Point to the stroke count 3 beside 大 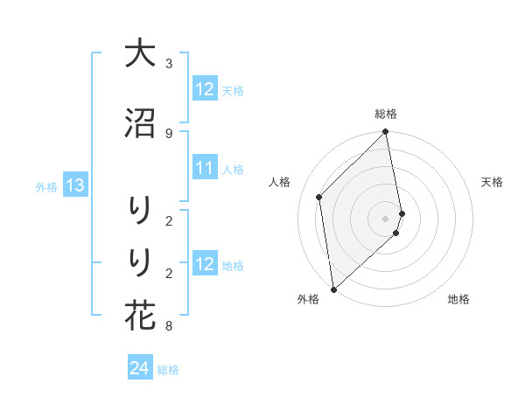169,64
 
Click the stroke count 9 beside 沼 169,133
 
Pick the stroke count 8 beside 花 169,327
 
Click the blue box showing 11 205,168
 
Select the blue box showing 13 74,185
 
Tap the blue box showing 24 139,369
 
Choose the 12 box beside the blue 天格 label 205,89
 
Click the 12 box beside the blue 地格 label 205,264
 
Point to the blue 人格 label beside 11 233,169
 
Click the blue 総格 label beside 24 168,370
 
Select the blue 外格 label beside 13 46,186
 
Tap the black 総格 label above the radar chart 386,114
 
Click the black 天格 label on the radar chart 492,182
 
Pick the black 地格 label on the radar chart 458,299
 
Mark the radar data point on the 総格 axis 386,133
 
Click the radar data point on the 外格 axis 333,289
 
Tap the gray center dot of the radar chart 386,218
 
